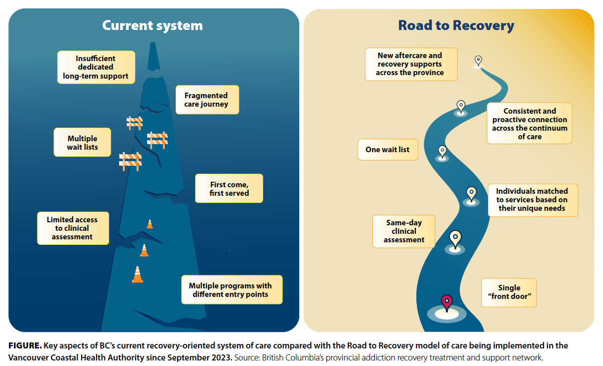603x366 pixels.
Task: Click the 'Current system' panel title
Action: click(x=152, y=26)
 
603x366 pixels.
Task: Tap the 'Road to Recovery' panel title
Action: click(x=456, y=26)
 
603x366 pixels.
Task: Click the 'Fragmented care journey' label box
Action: click(x=207, y=100)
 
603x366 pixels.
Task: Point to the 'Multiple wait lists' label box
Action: click(x=82, y=143)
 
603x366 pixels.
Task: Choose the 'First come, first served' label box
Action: click(x=229, y=189)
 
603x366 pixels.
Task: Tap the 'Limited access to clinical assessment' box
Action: click(x=73, y=228)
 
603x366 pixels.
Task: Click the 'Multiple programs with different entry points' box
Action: click(x=231, y=290)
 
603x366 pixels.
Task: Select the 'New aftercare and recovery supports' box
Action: click(x=411, y=64)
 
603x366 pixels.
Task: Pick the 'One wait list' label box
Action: click(x=388, y=150)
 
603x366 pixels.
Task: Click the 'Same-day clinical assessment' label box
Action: click(x=404, y=231)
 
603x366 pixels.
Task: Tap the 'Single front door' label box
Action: click(x=508, y=292)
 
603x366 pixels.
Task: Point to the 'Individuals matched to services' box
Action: click(x=532, y=200)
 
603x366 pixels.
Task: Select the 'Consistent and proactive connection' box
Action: click(x=529, y=124)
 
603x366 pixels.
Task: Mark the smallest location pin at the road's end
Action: click(x=478, y=61)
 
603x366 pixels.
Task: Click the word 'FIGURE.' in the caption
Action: click(x=25, y=346)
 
